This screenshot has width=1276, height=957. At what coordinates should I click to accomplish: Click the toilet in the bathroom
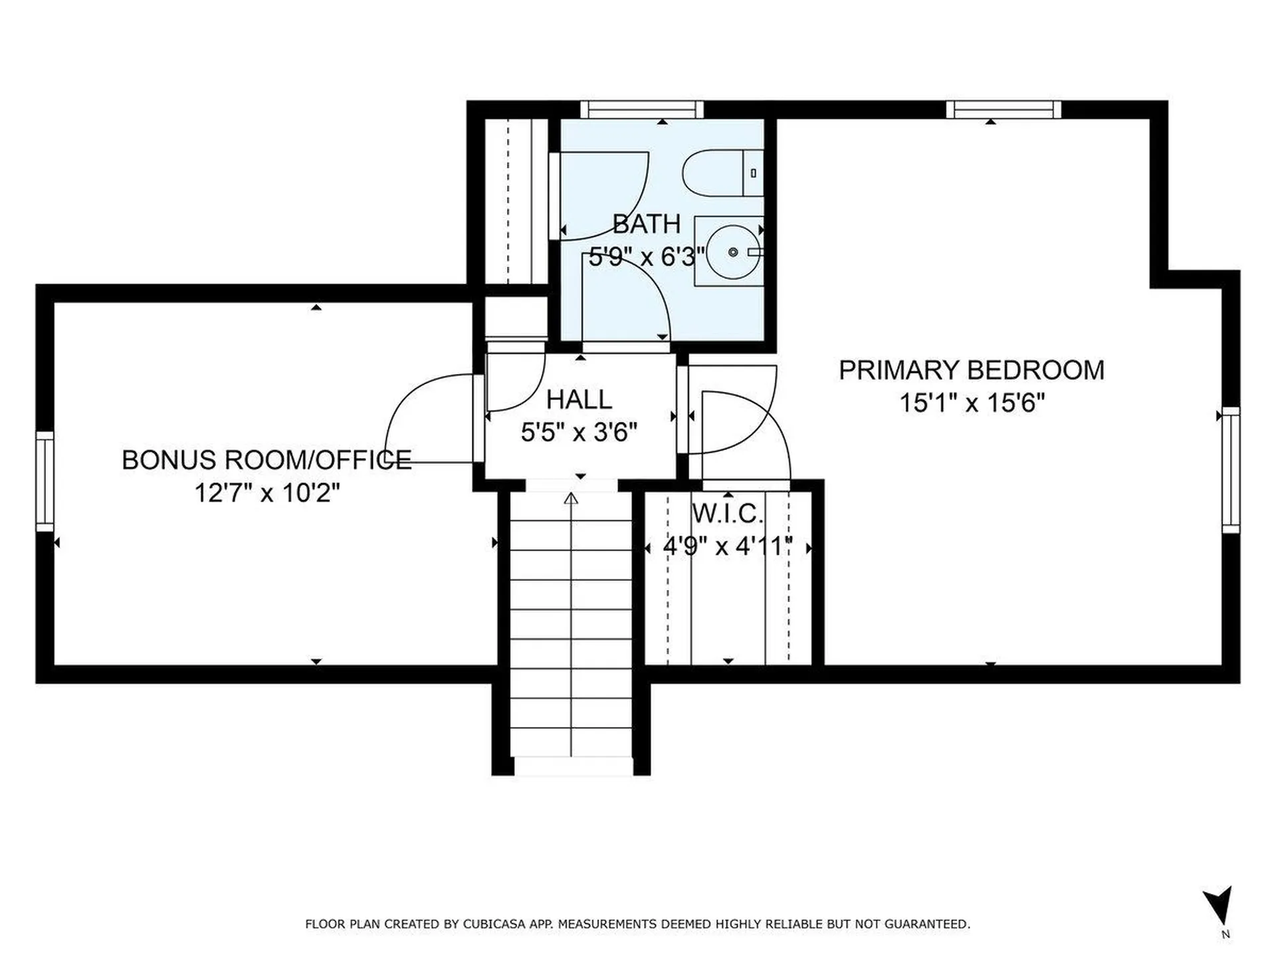(722, 173)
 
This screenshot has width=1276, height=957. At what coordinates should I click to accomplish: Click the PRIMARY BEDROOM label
(972, 370)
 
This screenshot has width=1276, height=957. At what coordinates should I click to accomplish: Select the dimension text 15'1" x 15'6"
(972, 403)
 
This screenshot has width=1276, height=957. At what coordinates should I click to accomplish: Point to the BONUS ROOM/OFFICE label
(266, 460)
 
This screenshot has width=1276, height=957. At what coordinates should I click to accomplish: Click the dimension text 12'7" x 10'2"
(267, 493)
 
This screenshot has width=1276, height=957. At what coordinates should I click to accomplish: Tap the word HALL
(579, 399)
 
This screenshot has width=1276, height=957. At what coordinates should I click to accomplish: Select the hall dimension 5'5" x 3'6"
(579, 433)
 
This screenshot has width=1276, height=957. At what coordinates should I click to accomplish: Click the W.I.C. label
(728, 514)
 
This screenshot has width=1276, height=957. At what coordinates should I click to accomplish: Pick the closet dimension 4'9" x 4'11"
(728, 546)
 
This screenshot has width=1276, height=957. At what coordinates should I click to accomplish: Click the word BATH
(647, 224)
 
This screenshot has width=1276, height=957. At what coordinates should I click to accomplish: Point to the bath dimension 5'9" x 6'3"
(647, 256)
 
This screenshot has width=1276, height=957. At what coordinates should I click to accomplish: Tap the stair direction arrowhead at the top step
(571, 498)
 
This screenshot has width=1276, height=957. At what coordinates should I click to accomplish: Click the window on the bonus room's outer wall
(45, 481)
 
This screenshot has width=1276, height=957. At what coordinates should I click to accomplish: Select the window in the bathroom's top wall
(642, 110)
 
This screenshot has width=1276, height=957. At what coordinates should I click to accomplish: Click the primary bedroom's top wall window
(1004, 110)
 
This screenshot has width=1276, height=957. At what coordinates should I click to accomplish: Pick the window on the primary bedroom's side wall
(1231, 470)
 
